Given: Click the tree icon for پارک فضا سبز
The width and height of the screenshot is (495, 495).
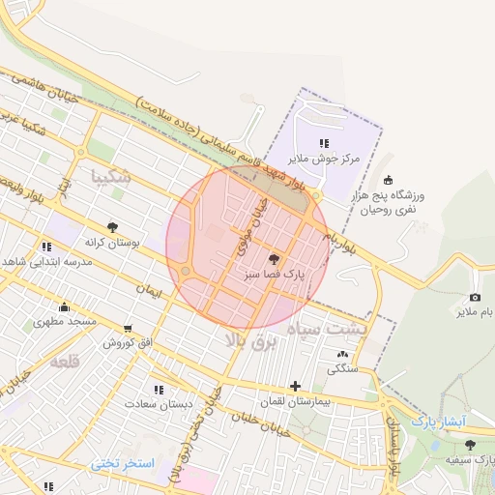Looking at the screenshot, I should click(275, 259).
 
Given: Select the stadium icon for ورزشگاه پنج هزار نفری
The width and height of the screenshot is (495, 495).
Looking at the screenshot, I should click(389, 179).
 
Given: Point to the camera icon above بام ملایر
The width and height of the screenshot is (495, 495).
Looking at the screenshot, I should click(475, 297).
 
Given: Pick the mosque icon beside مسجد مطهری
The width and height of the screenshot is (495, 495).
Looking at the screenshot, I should click(38, 306).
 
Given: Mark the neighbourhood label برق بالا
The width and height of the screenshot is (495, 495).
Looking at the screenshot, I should click(250, 340).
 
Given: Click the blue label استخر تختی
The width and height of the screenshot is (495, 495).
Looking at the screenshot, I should click(123, 463).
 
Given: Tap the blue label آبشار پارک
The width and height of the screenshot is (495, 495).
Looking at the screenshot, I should click(438, 422).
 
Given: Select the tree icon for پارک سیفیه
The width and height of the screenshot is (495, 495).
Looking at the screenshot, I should click(470, 445).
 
